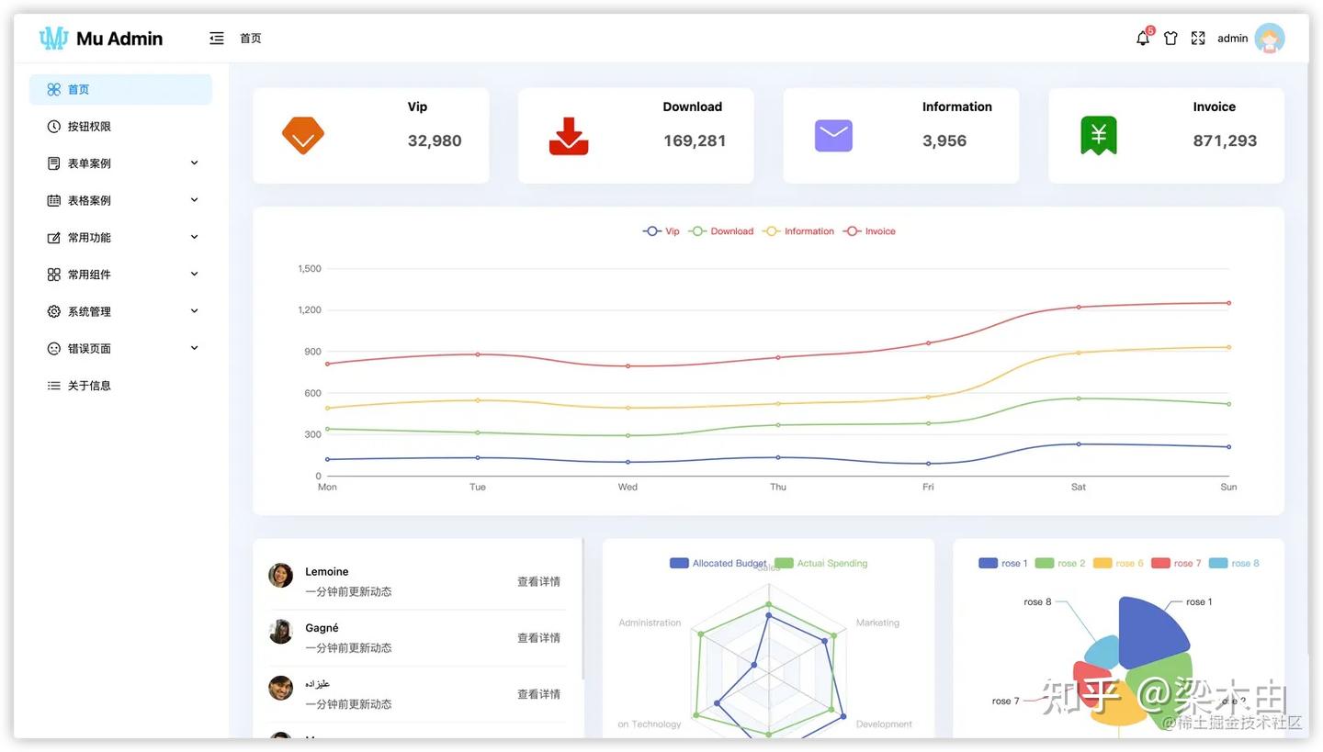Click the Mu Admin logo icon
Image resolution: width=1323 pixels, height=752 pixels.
point(54,38)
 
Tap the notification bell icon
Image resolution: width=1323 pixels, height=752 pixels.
point(1143,39)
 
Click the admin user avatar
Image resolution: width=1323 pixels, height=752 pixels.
point(1269,38)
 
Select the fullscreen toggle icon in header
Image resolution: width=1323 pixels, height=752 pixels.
point(1198,39)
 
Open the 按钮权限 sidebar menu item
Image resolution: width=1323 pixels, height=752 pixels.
point(89,127)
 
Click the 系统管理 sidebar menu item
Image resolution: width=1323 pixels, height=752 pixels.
point(89,311)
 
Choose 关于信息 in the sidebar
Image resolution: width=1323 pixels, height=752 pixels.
point(89,386)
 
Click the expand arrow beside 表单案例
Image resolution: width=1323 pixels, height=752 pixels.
point(194,163)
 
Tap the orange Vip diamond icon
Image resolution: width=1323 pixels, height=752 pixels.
point(302,136)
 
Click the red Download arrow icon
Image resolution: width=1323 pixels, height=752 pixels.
point(568,136)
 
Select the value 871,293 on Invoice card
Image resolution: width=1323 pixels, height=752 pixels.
point(1224,140)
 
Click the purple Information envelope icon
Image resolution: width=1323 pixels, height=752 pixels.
point(833,136)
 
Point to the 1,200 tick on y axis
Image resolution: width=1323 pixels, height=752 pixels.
point(310,310)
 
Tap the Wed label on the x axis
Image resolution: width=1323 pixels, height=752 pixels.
point(628,487)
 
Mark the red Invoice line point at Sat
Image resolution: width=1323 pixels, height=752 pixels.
point(1079,307)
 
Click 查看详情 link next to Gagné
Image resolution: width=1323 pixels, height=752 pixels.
point(538,638)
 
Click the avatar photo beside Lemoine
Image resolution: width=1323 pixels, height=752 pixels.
point(280,576)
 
